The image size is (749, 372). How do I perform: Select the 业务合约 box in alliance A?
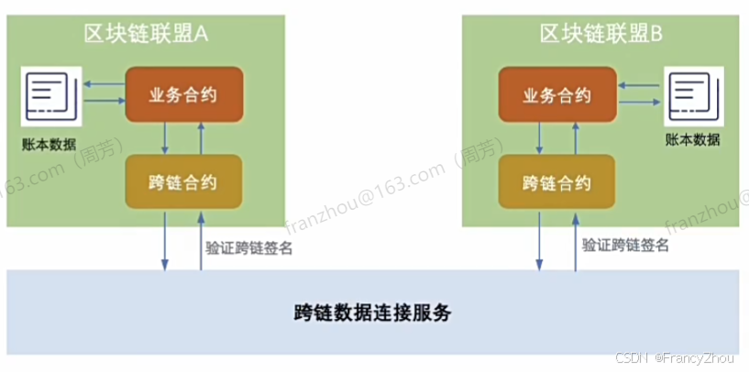pyautogui.click(x=183, y=93)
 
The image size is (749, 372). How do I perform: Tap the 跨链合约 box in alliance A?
pyautogui.click(x=183, y=181)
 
